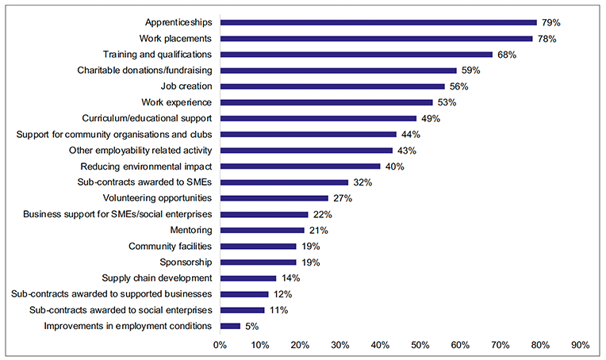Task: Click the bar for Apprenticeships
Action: coord(378,22)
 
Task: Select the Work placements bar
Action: coord(376,38)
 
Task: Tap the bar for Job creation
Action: coord(332,86)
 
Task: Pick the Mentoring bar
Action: coord(262,230)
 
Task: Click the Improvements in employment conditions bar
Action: coord(230,326)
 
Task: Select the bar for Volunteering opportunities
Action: coord(274,198)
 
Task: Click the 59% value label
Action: coord(471,71)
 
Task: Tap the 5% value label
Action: coord(251,326)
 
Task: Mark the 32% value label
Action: coord(362,182)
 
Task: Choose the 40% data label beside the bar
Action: coord(395,167)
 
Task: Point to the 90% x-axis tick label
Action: coord(580,345)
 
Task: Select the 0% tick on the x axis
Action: coord(220,345)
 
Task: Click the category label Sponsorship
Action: coord(186,262)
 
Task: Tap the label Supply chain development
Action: coord(157,278)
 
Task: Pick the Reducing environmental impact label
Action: coord(146,167)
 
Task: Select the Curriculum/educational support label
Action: coord(147,118)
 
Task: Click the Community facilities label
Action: coord(170,246)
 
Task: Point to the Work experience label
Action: coord(176,102)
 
